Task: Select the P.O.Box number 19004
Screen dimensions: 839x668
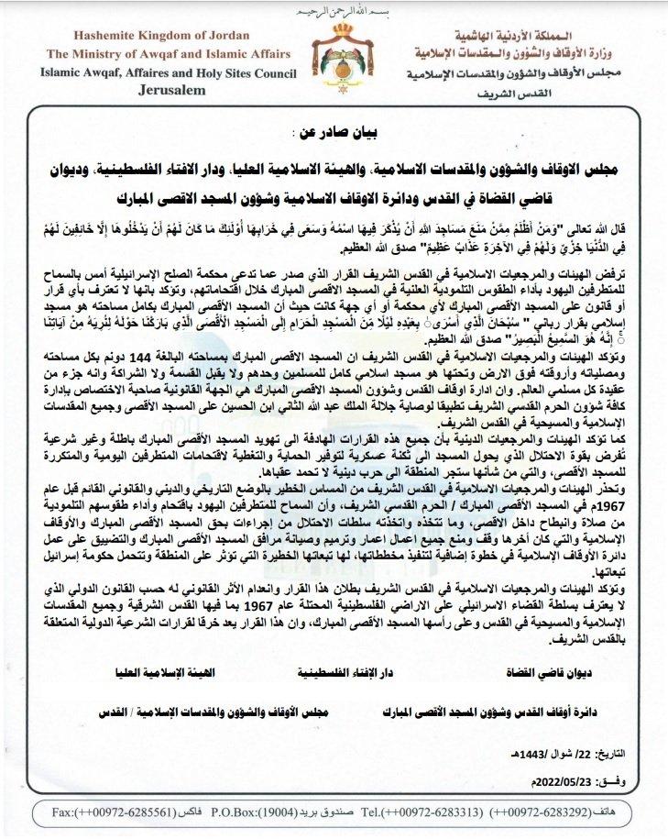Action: click(x=278, y=812)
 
